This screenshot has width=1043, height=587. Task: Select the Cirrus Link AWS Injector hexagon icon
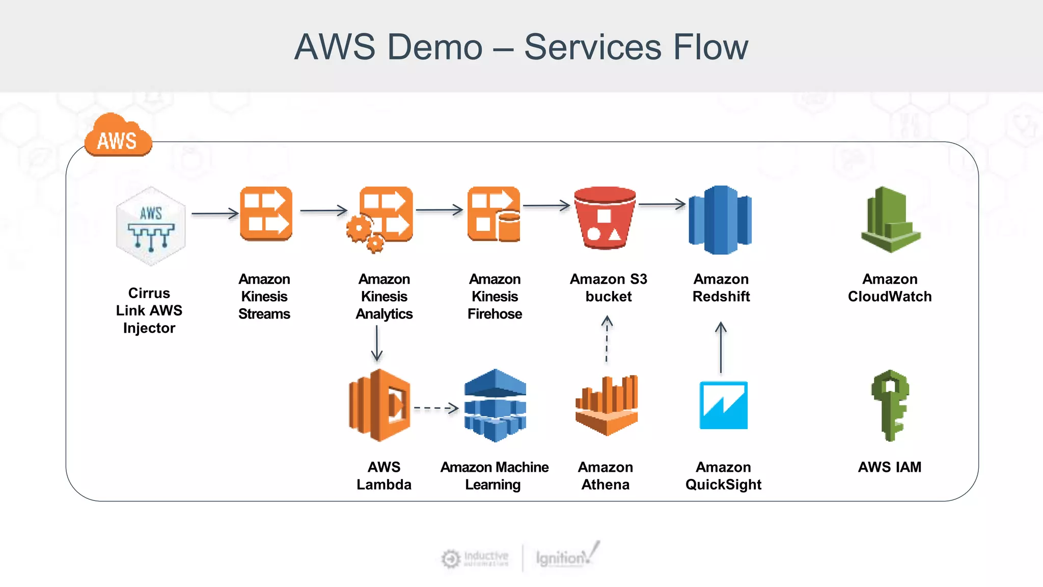150,226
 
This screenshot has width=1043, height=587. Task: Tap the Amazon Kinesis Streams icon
266,214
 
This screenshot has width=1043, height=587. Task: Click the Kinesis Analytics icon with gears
381,218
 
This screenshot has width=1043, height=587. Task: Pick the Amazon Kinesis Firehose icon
494,214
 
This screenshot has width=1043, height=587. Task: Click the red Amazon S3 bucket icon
605,218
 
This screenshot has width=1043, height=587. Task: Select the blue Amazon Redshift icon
720,220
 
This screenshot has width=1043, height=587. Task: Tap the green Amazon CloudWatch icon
890,220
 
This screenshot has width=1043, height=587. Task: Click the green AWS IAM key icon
890,405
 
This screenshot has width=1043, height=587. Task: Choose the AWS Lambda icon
380,405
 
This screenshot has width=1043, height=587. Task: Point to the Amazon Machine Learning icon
495,405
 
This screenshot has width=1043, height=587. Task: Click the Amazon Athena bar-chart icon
607,405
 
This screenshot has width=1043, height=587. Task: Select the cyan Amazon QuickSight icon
723,405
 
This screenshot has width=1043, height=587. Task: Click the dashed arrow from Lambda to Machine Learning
436,408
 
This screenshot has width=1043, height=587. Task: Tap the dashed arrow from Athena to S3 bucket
607,339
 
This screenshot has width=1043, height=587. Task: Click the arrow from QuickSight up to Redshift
721,348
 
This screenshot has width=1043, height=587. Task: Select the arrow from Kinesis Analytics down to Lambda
377,343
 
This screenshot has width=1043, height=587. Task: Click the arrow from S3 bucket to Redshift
662,204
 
